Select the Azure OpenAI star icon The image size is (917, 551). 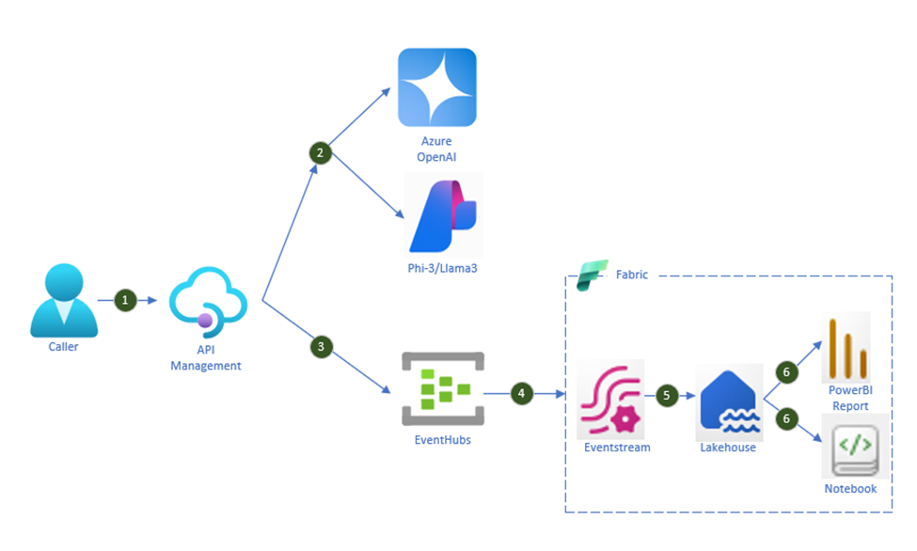[x=436, y=87]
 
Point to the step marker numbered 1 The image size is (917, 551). [x=126, y=300]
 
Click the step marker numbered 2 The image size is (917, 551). [x=320, y=151]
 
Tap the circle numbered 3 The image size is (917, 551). [x=321, y=347]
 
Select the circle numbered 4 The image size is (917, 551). [x=521, y=393]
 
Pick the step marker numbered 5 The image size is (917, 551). [x=668, y=395]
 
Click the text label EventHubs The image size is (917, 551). [x=442, y=439]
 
